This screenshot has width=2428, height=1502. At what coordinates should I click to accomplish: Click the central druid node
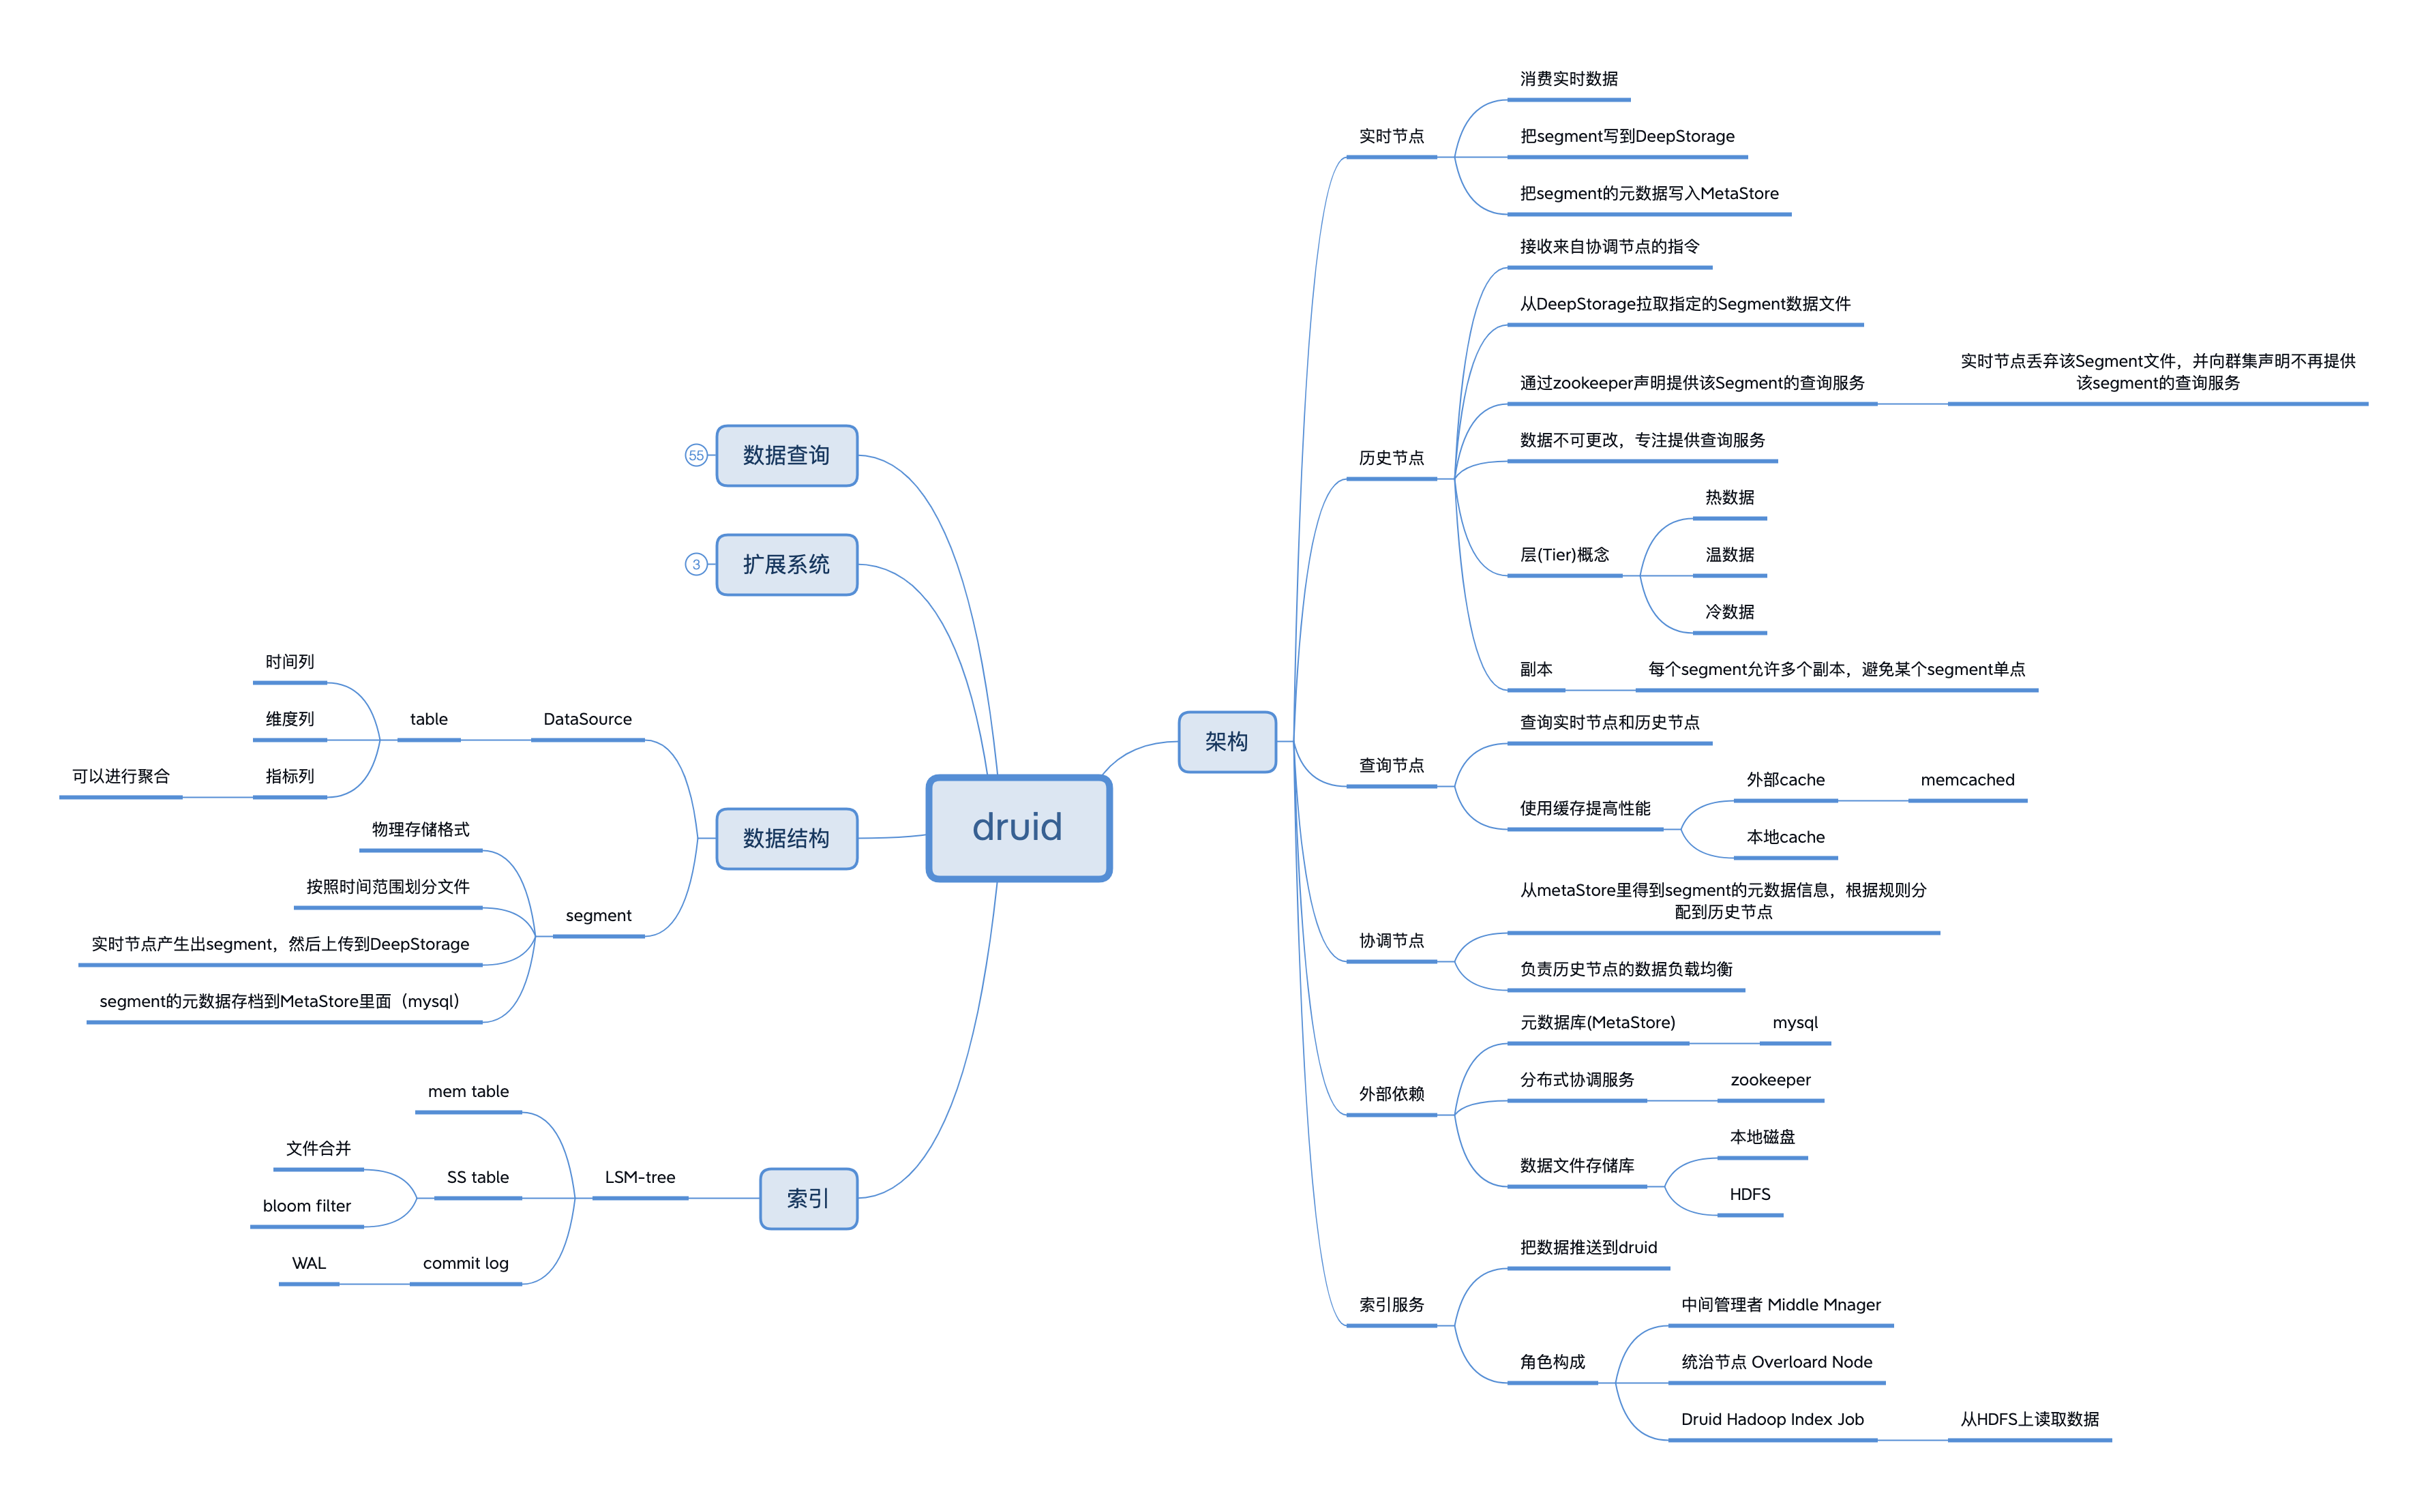(x=1018, y=828)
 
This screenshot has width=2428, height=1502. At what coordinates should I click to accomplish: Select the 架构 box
(x=1227, y=741)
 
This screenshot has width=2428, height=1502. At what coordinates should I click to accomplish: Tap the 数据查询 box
(x=786, y=455)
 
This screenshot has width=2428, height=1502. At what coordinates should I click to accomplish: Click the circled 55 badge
(x=695, y=455)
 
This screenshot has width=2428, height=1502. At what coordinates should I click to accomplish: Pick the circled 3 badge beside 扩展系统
(x=695, y=565)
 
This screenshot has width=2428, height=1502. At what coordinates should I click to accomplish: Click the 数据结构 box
(x=786, y=839)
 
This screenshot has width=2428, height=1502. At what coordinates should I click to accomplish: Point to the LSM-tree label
(x=640, y=1177)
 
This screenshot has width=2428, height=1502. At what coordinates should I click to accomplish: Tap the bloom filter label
(x=307, y=1206)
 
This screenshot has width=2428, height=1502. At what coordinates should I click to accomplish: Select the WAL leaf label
(x=309, y=1263)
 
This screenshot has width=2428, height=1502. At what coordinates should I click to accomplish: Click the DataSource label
(x=587, y=719)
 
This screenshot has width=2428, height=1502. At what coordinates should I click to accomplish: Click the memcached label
(x=1967, y=780)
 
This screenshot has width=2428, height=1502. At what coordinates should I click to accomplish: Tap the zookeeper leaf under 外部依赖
(x=1770, y=1080)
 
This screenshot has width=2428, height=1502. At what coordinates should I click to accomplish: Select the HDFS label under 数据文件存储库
(x=1750, y=1194)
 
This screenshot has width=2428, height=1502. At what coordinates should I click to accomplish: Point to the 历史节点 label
(x=1391, y=458)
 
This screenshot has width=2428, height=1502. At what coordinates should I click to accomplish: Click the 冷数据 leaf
(x=1730, y=612)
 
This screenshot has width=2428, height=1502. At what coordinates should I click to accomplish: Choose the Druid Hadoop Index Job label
(x=1772, y=1419)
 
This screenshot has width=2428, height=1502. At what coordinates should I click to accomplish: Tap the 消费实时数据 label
(x=1569, y=78)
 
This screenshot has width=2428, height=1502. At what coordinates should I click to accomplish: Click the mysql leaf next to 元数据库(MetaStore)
(x=1795, y=1022)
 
